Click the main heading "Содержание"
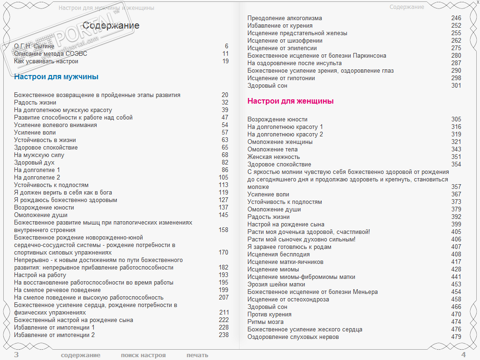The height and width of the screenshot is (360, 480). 111,25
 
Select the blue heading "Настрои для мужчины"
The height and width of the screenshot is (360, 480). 56,77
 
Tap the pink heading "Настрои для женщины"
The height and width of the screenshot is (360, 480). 291,101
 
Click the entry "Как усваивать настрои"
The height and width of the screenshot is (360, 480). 46,61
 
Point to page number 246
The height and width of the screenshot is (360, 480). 456,18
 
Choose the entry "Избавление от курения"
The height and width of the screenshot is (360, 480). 280,26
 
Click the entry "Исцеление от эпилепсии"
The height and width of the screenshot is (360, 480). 282,48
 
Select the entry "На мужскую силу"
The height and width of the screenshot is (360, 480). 39,155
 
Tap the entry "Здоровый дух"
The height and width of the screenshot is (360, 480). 34,163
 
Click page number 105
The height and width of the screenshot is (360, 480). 223,178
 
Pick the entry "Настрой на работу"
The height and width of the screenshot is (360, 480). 40,275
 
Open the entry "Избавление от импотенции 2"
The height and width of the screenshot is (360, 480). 54,335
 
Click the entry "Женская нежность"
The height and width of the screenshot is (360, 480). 274,157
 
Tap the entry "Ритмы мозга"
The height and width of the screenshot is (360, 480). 265,322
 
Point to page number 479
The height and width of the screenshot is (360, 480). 456,337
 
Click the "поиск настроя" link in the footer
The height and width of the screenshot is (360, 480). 143,355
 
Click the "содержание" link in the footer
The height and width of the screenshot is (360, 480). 81,355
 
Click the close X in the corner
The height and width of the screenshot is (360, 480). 478,3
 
